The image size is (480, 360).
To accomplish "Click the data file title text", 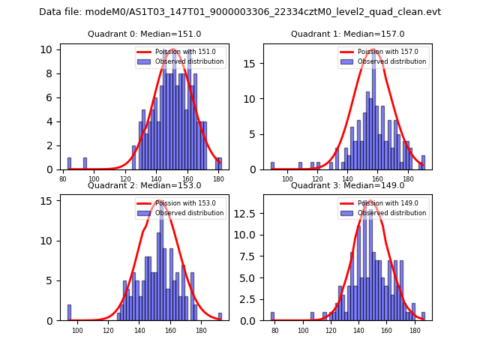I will coord(240,12).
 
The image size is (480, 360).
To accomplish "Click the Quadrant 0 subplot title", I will coord(144,34).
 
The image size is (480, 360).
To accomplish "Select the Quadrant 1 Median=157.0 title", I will coord(347,34).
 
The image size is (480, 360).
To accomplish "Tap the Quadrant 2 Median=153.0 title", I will coord(144,185).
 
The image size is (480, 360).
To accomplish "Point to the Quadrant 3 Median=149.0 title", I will coord(347,185).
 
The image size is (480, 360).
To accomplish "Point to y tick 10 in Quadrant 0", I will coord(46,49).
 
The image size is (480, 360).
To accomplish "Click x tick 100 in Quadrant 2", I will coord(77,331).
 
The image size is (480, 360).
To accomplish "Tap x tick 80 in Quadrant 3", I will coord(275,331).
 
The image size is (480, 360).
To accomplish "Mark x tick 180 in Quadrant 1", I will coord(408,179).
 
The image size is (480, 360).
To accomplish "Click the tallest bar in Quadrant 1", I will coord(373,110).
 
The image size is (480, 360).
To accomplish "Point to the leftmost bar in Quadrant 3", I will coord(272,316).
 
